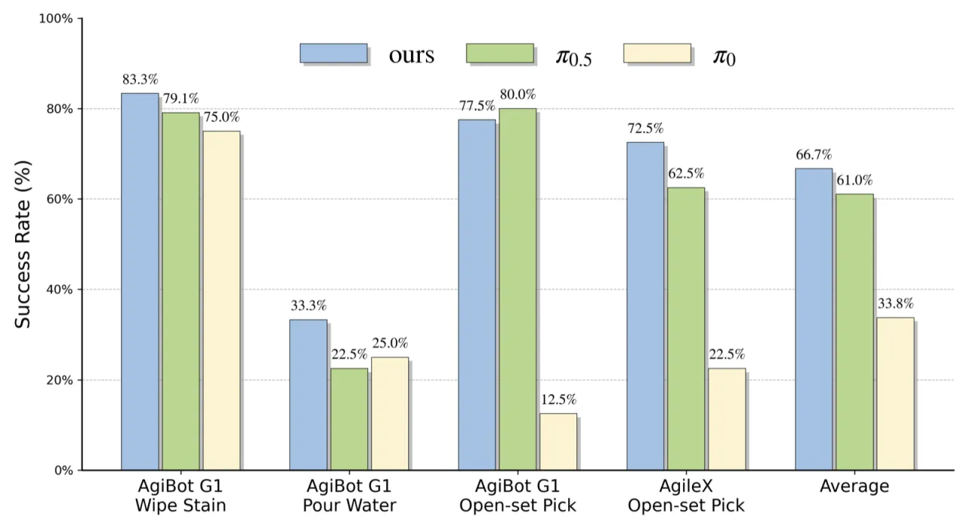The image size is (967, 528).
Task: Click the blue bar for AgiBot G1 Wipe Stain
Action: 140,281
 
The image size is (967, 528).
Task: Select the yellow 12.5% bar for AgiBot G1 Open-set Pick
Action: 558,442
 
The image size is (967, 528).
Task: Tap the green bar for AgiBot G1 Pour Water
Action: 349,419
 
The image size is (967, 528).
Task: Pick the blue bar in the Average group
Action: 814,319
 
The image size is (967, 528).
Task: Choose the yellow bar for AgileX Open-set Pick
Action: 727,419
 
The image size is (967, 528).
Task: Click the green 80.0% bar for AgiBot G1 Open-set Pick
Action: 517,289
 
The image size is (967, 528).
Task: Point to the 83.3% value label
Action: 141,79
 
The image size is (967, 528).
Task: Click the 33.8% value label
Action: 896,304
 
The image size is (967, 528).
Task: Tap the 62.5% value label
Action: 686,174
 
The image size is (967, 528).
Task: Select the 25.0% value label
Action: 391,343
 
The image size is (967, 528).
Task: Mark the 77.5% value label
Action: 477,106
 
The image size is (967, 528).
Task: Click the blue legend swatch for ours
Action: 334,53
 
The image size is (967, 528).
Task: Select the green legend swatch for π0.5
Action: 500,53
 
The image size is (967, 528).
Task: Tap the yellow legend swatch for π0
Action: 657,53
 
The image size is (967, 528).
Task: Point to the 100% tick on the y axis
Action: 56,19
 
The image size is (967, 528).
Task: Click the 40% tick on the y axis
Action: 59,290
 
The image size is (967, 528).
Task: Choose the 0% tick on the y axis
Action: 63,471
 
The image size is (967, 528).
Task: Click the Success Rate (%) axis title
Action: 23,244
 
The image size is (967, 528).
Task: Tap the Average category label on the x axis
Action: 854,486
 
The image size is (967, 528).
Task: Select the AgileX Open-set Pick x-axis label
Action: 686,495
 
